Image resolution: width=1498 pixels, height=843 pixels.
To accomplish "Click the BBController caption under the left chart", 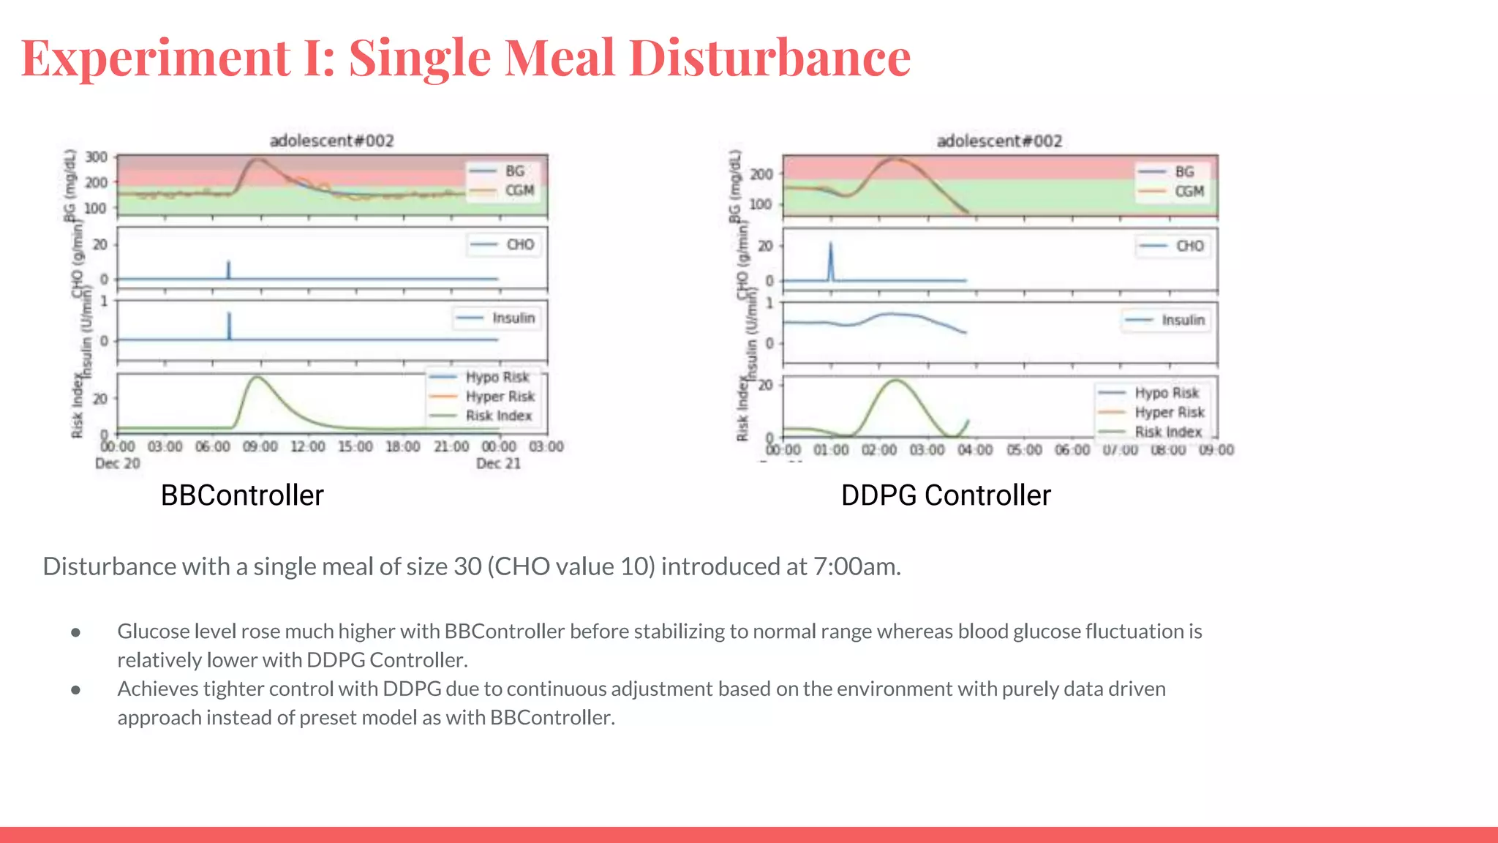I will pos(242,495).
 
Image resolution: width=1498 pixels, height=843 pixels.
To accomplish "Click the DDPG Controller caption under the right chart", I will pos(946,495).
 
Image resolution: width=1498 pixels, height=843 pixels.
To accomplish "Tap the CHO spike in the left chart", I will pos(228,269).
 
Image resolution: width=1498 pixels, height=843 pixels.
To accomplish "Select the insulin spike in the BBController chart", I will pos(229,325).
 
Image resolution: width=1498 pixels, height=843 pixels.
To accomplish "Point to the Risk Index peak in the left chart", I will pos(257,378).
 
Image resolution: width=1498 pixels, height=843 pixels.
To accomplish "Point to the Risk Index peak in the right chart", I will pos(896,380).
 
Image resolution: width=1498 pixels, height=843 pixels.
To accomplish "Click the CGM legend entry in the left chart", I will pos(519,191).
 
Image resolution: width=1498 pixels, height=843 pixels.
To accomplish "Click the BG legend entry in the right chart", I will pos(1184,172).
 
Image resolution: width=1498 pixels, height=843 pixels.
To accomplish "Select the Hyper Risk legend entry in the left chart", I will pos(500,397).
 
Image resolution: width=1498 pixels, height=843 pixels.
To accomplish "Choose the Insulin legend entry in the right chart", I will pos(1183,321).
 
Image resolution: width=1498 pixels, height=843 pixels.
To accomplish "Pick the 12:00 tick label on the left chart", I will pos(307,446).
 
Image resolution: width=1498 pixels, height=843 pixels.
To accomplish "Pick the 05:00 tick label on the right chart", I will pos(1024,449).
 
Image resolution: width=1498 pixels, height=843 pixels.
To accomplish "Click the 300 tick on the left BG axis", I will pos(96,157).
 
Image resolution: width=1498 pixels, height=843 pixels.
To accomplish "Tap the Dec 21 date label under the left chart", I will pos(498,463).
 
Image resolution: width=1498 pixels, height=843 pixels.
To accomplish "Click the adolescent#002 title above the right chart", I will pos(999,140).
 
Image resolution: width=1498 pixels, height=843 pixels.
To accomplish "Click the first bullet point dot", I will pos(75,632).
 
